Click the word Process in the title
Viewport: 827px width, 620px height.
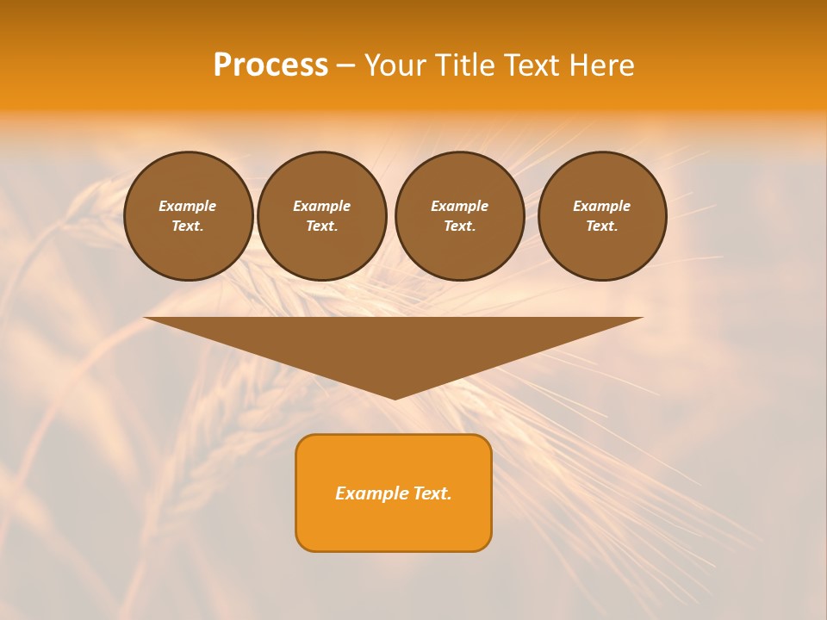[x=270, y=65]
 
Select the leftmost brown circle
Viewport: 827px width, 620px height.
[x=189, y=216]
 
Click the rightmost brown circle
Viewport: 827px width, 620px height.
[x=602, y=216]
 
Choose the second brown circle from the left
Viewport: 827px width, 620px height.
[x=322, y=216]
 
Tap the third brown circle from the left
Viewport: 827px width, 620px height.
[x=460, y=216]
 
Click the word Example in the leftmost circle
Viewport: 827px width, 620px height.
[x=188, y=206]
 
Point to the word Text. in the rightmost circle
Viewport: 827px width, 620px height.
[x=602, y=226]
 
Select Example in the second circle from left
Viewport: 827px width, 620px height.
[x=322, y=206]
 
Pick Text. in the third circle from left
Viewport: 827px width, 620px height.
[x=460, y=226]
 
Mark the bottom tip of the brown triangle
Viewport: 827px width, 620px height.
[x=395, y=397]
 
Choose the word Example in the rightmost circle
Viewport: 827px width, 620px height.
[x=602, y=206]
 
